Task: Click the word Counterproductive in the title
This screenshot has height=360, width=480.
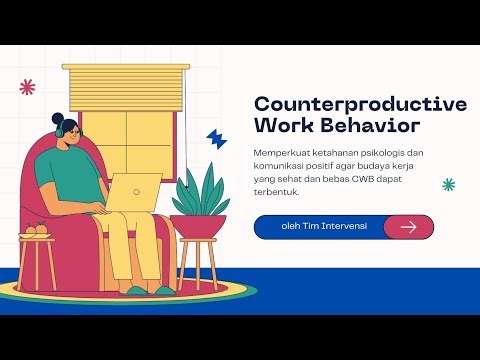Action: point(360,104)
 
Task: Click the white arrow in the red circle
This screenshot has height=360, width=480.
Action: point(408,227)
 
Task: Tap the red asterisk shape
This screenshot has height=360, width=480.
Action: point(27,88)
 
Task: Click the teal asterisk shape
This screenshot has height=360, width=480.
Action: point(449,184)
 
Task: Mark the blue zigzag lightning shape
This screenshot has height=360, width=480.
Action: point(216,138)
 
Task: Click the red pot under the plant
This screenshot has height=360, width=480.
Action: point(198,226)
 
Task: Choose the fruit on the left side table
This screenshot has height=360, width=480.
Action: point(36,231)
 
